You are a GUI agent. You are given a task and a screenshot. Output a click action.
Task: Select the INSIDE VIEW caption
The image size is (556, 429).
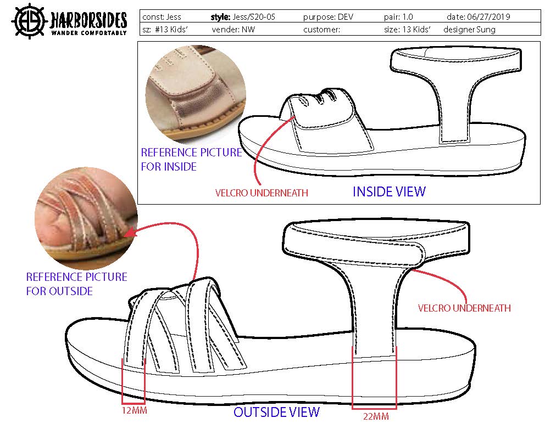tap(389, 191)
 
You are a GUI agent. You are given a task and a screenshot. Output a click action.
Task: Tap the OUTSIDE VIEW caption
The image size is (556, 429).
tap(276, 412)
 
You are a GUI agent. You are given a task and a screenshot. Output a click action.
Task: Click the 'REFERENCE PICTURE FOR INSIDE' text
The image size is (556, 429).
tap(191, 159)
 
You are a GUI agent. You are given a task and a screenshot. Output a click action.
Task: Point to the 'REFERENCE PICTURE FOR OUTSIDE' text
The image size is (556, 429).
tap(76, 284)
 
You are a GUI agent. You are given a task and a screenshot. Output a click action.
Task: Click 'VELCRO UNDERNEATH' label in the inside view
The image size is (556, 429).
tap(262, 193)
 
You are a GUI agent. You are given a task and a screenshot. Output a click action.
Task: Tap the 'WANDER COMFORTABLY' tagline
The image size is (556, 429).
tap(89, 33)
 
